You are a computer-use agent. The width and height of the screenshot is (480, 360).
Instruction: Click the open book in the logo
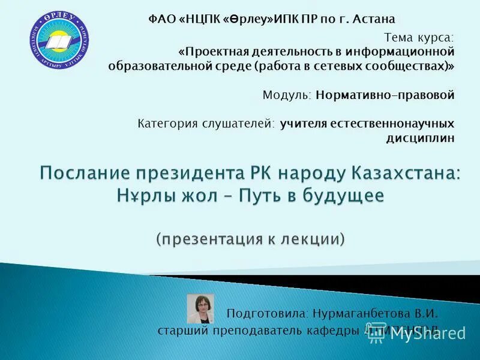point(58,43)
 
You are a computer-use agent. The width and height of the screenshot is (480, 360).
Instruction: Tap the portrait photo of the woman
point(200,309)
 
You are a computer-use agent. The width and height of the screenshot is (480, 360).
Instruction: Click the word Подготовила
point(266,313)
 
